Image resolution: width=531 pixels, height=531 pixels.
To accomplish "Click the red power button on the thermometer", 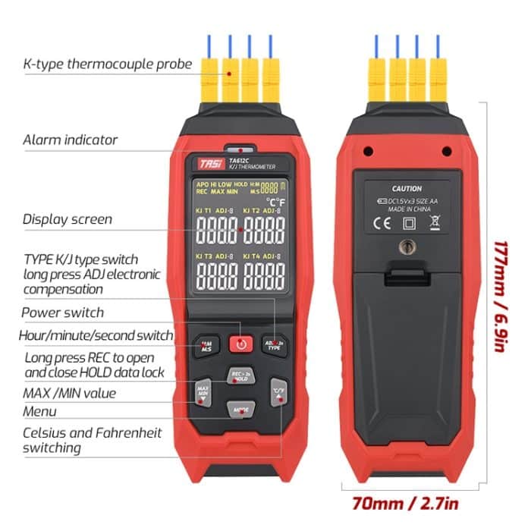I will point(240,344).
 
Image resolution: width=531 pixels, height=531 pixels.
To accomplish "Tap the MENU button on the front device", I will point(240,409).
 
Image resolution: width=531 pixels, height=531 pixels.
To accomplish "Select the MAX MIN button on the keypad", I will point(203,391).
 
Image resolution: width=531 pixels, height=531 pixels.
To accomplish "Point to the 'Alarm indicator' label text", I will point(70,140).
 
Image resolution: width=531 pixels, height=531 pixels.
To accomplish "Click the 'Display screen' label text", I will point(68,219).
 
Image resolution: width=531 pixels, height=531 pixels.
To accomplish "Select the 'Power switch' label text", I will point(62,313).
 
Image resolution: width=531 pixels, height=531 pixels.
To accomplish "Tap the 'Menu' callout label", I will point(40,411).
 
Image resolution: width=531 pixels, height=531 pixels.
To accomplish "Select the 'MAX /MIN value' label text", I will point(69,393).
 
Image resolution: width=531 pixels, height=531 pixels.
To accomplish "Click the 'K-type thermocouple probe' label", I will point(107,64).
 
